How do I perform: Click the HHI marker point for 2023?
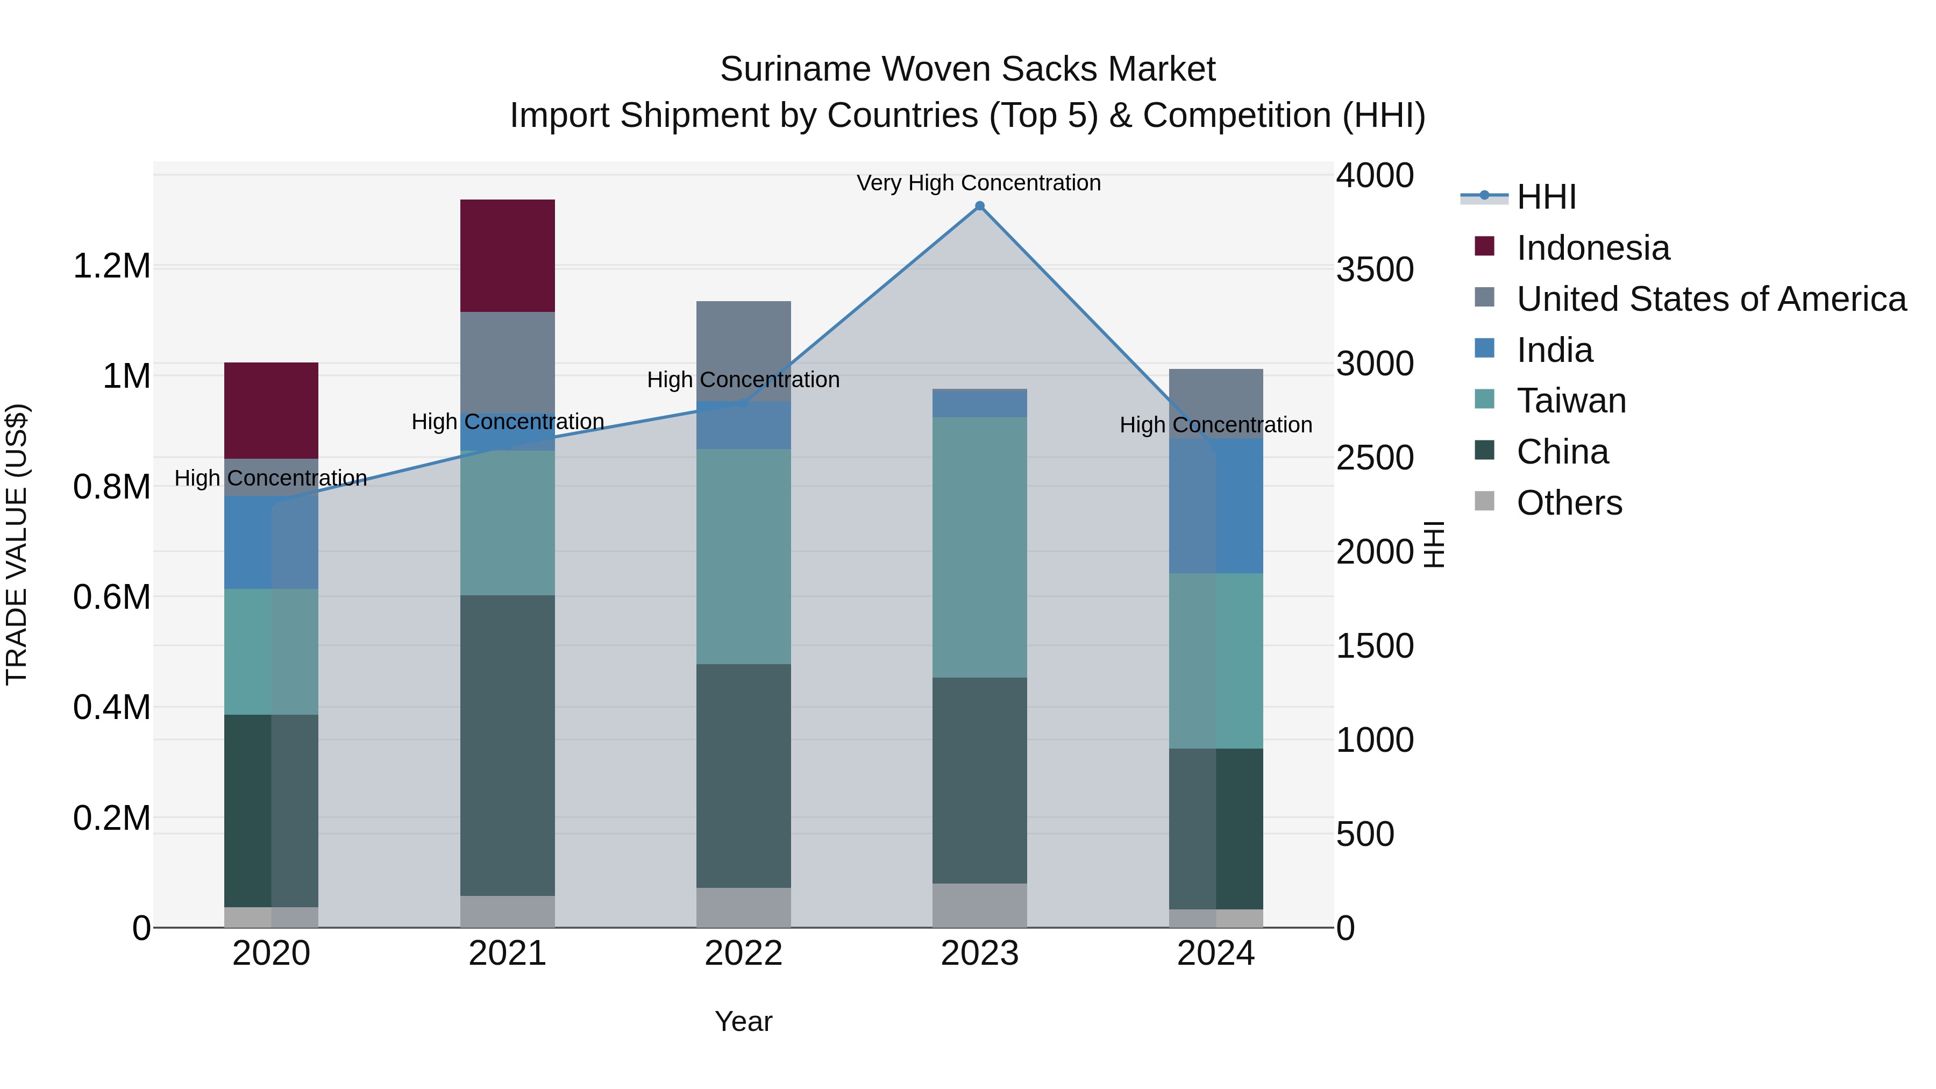click(979, 206)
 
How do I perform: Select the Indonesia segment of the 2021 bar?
click(507, 255)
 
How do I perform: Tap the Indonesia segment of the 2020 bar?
click(272, 410)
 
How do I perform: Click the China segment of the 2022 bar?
click(743, 775)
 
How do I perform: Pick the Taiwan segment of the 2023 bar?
click(979, 547)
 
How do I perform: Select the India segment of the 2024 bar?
click(1216, 506)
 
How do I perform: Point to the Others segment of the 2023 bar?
click(979, 906)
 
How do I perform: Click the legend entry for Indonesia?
click(1592, 248)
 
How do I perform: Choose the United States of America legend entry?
click(1711, 299)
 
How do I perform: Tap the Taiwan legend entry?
click(1571, 401)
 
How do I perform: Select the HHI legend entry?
click(1546, 197)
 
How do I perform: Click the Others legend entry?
click(1569, 503)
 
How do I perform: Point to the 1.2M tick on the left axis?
click(112, 266)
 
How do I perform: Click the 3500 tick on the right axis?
click(1375, 270)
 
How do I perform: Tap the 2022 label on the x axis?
click(743, 953)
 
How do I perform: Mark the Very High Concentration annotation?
click(979, 183)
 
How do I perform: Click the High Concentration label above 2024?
click(1215, 425)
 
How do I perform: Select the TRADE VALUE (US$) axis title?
click(17, 544)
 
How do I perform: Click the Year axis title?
click(743, 1021)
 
